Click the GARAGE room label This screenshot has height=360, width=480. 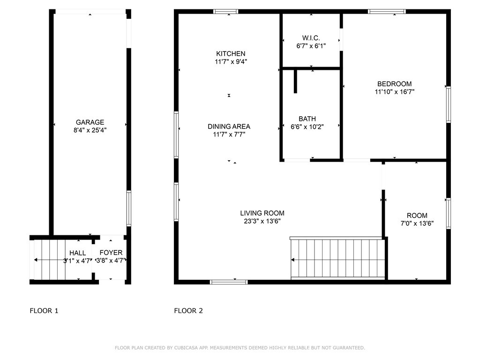coord(90,122)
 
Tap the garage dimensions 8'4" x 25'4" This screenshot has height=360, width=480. coord(90,130)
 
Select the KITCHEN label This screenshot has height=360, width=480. coord(231,53)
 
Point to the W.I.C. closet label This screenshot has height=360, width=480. coord(311,38)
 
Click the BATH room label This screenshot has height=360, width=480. coord(307,119)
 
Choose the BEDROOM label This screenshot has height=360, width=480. coord(394,84)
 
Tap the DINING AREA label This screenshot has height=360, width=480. coord(229,127)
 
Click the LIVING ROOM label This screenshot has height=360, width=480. coord(262,213)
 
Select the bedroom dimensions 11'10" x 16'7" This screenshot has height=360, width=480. coord(394,91)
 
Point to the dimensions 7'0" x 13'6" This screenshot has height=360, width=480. coord(417,224)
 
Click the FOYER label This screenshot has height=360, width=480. coord(111,253)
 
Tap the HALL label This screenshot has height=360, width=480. coord(77,253)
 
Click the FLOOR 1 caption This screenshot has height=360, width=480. coord(44,311)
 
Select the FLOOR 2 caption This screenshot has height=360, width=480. coord(188,311)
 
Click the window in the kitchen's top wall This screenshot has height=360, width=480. coord(225,12)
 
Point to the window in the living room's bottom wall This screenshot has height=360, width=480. coord(229,282)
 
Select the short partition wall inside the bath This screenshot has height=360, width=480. coord(295,82)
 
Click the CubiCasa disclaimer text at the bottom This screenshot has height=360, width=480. coord(240,348)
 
